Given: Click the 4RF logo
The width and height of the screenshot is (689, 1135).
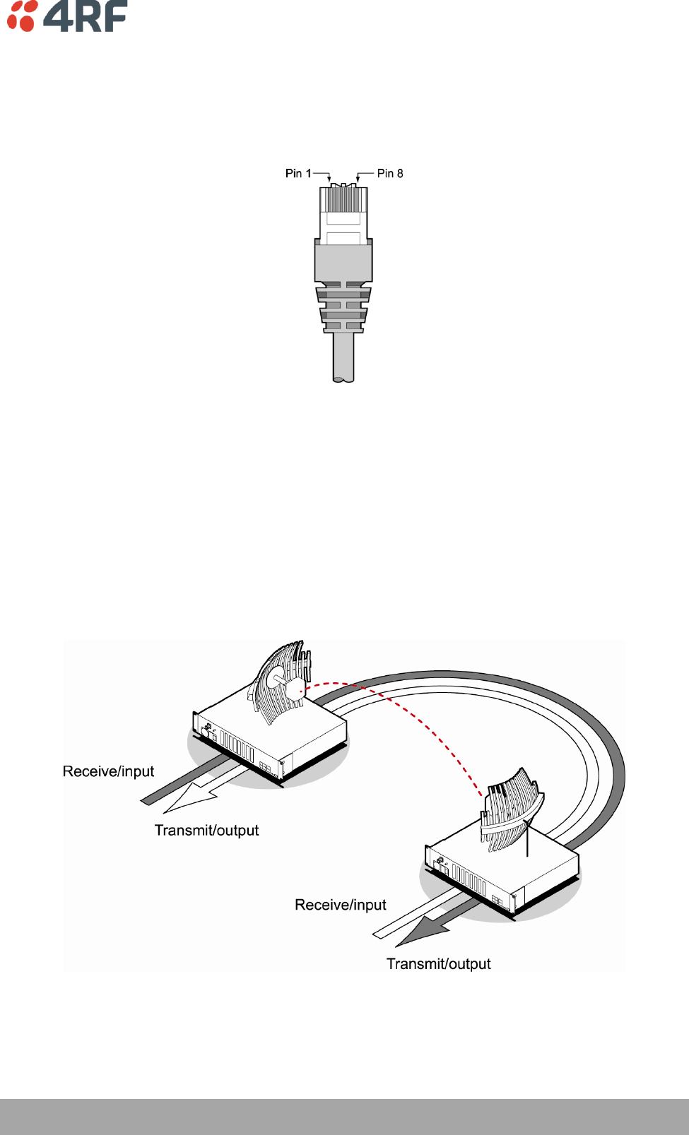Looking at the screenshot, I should pyautogui.click(x=67, y=16).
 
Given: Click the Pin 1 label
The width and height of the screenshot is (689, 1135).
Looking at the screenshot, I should pyautogui.click(x=298, y=173).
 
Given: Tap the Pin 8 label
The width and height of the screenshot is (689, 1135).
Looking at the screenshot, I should pyautogui.click(x=390, y=173).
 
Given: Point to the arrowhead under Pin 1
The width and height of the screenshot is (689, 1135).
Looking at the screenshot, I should pyautogui.click(x=329, y=179).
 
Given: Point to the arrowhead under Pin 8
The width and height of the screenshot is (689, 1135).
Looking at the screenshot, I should pyautogui.click(x=358, y=179).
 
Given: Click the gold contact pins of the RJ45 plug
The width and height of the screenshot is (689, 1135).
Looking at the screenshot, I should pyautogui.click(x=343, y=201).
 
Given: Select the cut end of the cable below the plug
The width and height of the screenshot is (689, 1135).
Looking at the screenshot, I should pyautogui.click(x=343, y=379).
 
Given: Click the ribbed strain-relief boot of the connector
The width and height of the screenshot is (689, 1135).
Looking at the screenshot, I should pyautogui.click(x=343, y=307).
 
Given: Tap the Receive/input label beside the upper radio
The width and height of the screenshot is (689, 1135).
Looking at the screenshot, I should pyautogui.click(x=108, y=771).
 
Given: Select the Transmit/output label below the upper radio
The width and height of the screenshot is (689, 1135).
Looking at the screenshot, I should pyautogui.click(x=206, y=831).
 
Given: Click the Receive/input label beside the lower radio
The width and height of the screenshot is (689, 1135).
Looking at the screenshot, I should pyautogui.click(x=340, y=905).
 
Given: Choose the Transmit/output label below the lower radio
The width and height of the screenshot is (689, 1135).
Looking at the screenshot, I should pyautogui.click(x=438, y=964).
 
